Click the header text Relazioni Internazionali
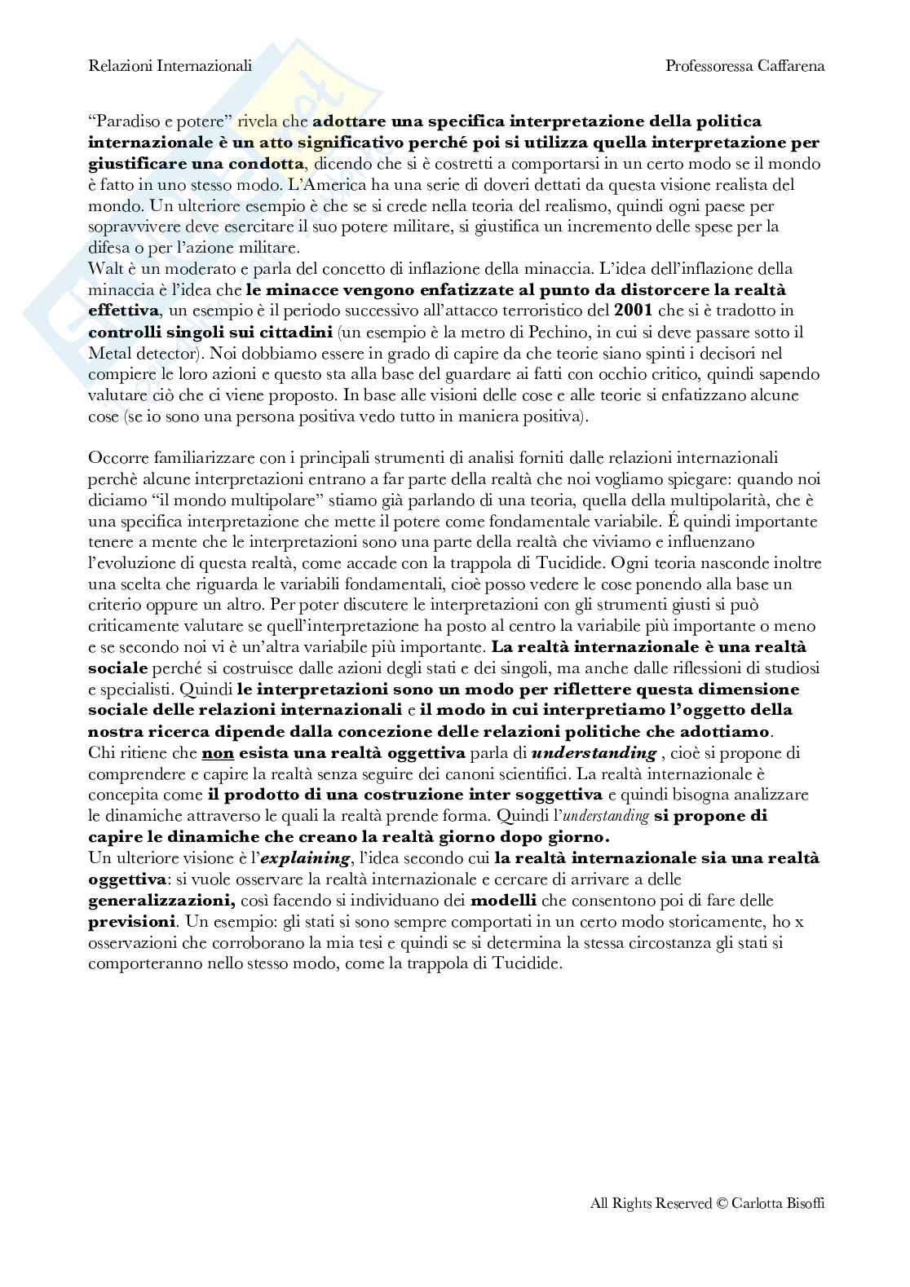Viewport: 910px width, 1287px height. [170, 66]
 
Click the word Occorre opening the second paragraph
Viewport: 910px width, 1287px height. [113, 457]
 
